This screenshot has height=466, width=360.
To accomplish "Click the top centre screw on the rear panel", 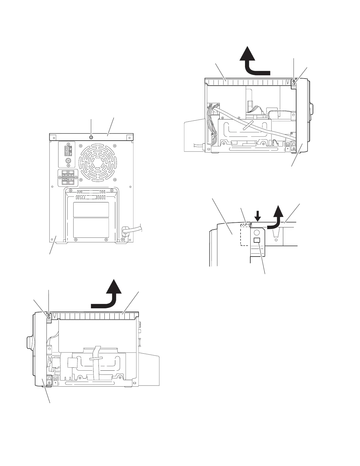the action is [x=91, y=137].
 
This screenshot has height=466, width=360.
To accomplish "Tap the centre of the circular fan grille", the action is [x=97, y=162].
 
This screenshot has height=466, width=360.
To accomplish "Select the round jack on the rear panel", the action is [x=69, y=161].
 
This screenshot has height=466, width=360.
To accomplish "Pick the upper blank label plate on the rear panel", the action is [x=91, y=209].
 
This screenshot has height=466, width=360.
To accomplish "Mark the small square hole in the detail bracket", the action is [x=256, y=240].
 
